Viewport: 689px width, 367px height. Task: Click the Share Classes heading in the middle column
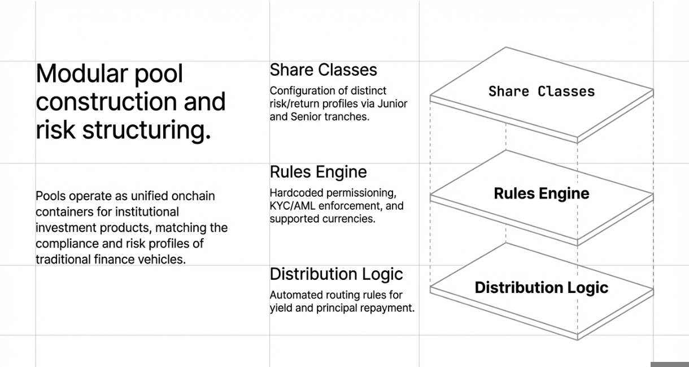coord(323,70)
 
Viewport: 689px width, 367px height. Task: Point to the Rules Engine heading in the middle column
coord(318,172)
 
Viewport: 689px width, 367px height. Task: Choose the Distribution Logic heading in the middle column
coord(336,274)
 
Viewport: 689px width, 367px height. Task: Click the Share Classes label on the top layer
coord(542,92)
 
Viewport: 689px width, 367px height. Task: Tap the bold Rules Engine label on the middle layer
coord(541,193)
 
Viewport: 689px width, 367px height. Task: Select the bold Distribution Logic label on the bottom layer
coord(541,287)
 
